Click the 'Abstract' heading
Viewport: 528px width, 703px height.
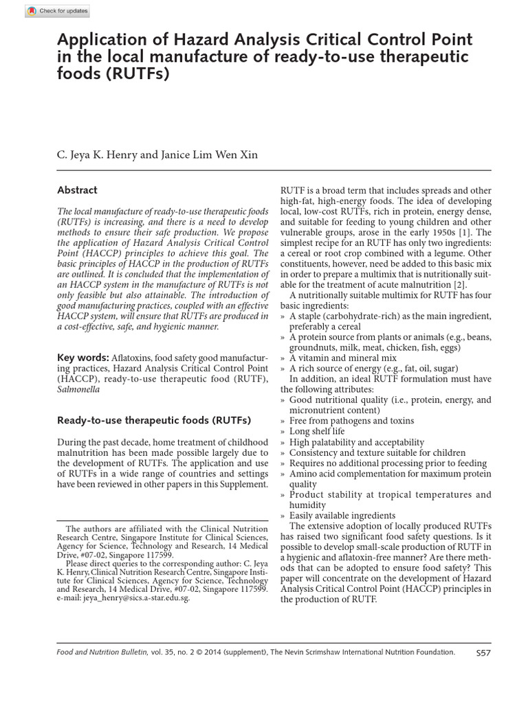pos(77,190)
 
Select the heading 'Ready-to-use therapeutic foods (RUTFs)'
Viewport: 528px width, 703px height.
pos(154,419)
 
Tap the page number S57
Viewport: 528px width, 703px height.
pos(483,653)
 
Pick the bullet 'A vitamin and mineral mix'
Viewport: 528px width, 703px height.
pos(343,358)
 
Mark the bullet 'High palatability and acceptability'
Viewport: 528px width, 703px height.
pos(357,442)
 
